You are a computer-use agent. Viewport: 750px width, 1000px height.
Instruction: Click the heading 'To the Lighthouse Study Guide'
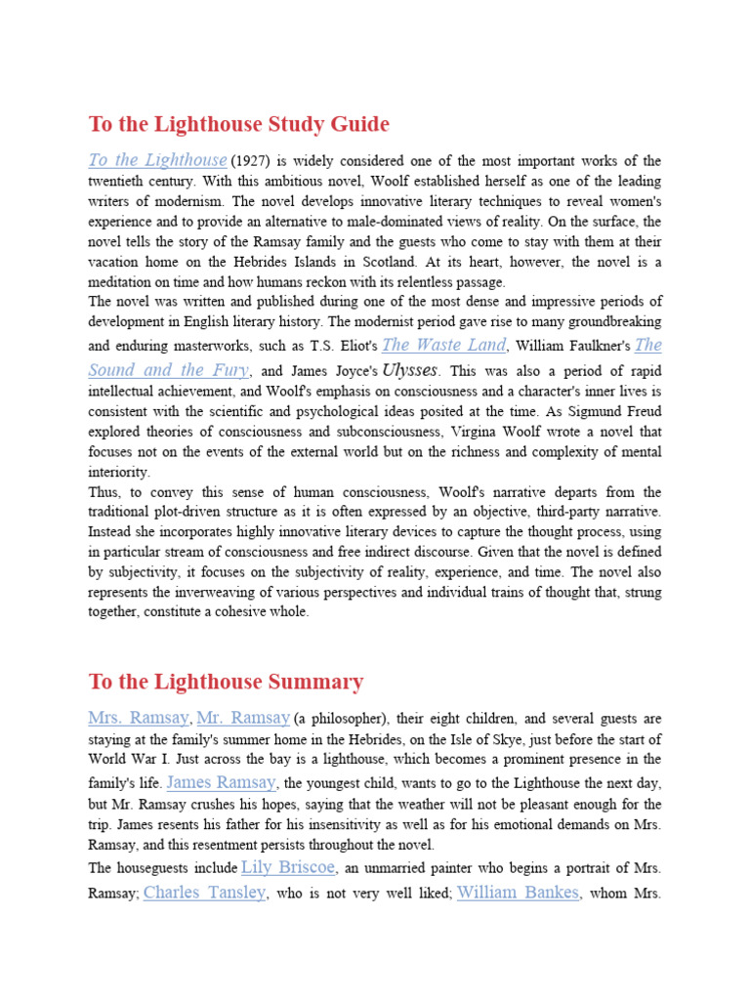coord(238,125)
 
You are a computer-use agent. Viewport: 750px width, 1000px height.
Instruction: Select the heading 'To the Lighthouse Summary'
coord(226,682)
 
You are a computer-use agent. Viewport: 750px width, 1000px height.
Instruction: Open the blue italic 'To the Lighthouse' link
coord(157,160)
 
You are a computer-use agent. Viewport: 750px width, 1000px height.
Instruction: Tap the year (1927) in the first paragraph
coord(251,161)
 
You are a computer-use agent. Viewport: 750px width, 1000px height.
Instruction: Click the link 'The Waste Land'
coord(444,345)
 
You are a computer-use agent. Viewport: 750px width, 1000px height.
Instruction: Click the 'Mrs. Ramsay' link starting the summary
coord(139,718)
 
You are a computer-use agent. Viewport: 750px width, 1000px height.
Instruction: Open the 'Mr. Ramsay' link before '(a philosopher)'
coord(243,718)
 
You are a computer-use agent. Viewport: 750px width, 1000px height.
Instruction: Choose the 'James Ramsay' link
coord(223,782)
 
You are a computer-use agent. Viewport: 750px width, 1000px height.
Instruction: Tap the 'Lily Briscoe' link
coord(288,867)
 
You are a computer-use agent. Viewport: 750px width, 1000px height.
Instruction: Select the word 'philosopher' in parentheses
coord(343,720)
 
